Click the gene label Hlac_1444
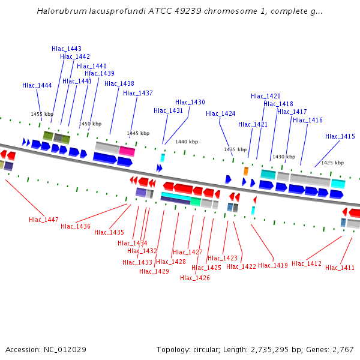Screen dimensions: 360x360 pyautogui.click(x=37, y=86)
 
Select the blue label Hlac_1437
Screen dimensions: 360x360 pyautogui.click(x=138, y=93)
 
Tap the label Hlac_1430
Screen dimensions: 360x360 pyautogui.click(x=190, y=103)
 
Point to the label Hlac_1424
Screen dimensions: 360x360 pyautogui.click(x=221, y=113)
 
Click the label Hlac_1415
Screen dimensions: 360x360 pyautogui.click(x=340, y=136)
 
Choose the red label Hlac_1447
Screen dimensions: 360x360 pyautogui.click(x=44, y=220)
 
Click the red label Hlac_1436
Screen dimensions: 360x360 pyautogui.click(x=76, y=226)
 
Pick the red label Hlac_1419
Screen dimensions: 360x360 pyautogui.click(x=273, y=265)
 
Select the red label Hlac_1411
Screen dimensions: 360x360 pyautogui.click(x=340, y=268)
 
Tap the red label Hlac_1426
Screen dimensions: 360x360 pyautogui.click(x=195, y=278)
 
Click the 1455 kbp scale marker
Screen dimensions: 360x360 pyautogui.click(x=42, y=114)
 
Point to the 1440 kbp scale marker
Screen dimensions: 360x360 pyautogui.click(x=187, y=142)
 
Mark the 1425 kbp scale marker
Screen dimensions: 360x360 pyautogui.click(x=332, y=163)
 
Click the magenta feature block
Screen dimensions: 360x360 pyautogui.click(x=127, y=151)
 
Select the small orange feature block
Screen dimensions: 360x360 pyautogui.click(x=246, y=171)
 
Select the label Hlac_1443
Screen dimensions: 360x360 pyautogui.click(x=67, y=49)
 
